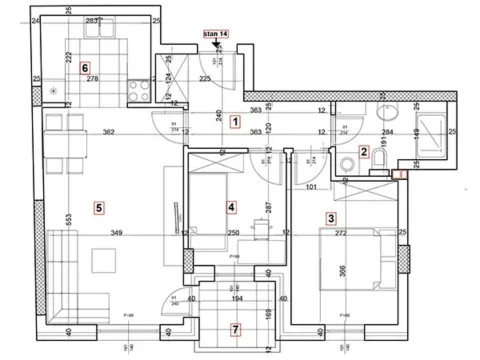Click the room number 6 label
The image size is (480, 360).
coord(71,67)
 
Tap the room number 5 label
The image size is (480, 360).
coord(98,207)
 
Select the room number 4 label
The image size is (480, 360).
coord(231,207)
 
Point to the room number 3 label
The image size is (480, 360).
coord(331,216)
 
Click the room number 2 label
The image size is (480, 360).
coord(365,152)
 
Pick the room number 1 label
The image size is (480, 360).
coord(234,122)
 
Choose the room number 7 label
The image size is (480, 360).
coord(235,328)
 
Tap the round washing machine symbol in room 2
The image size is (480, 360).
coord(345,163)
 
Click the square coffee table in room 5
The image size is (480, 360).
coord(104,259)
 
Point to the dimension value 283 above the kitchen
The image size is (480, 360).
coord(92,19)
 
